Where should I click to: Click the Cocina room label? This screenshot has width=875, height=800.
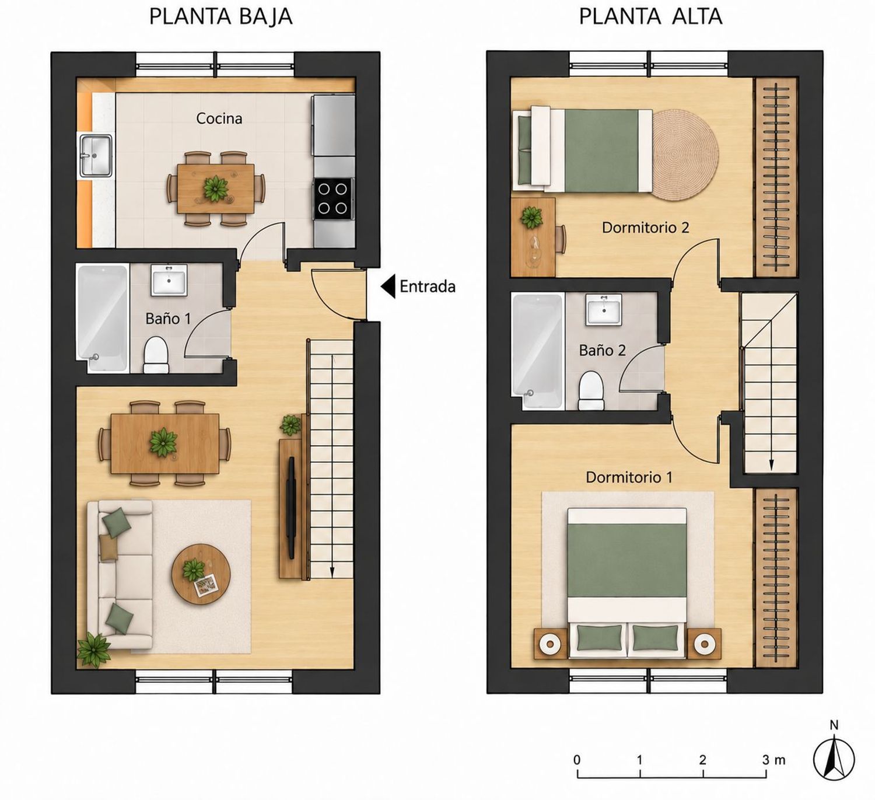(219, 118)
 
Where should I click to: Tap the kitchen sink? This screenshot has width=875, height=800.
(96, 156)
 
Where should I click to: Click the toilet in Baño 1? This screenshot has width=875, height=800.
(156, 354)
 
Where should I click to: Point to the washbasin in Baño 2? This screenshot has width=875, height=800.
(604, 309)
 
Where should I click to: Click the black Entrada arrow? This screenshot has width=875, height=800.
(388, 287)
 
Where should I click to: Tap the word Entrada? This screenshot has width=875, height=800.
(428, 287)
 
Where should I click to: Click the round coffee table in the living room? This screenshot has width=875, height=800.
(201, 574)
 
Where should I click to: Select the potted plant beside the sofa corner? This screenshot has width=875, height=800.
(93, 650)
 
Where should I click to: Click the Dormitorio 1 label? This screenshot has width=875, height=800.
(629, 477)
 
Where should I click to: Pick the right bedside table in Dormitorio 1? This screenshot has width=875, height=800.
(703, 643)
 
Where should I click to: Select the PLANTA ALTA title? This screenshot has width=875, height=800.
(650, 17)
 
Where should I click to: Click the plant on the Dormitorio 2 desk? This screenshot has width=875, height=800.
(532, 218)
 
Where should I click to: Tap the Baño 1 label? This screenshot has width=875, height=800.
(169, 318)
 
